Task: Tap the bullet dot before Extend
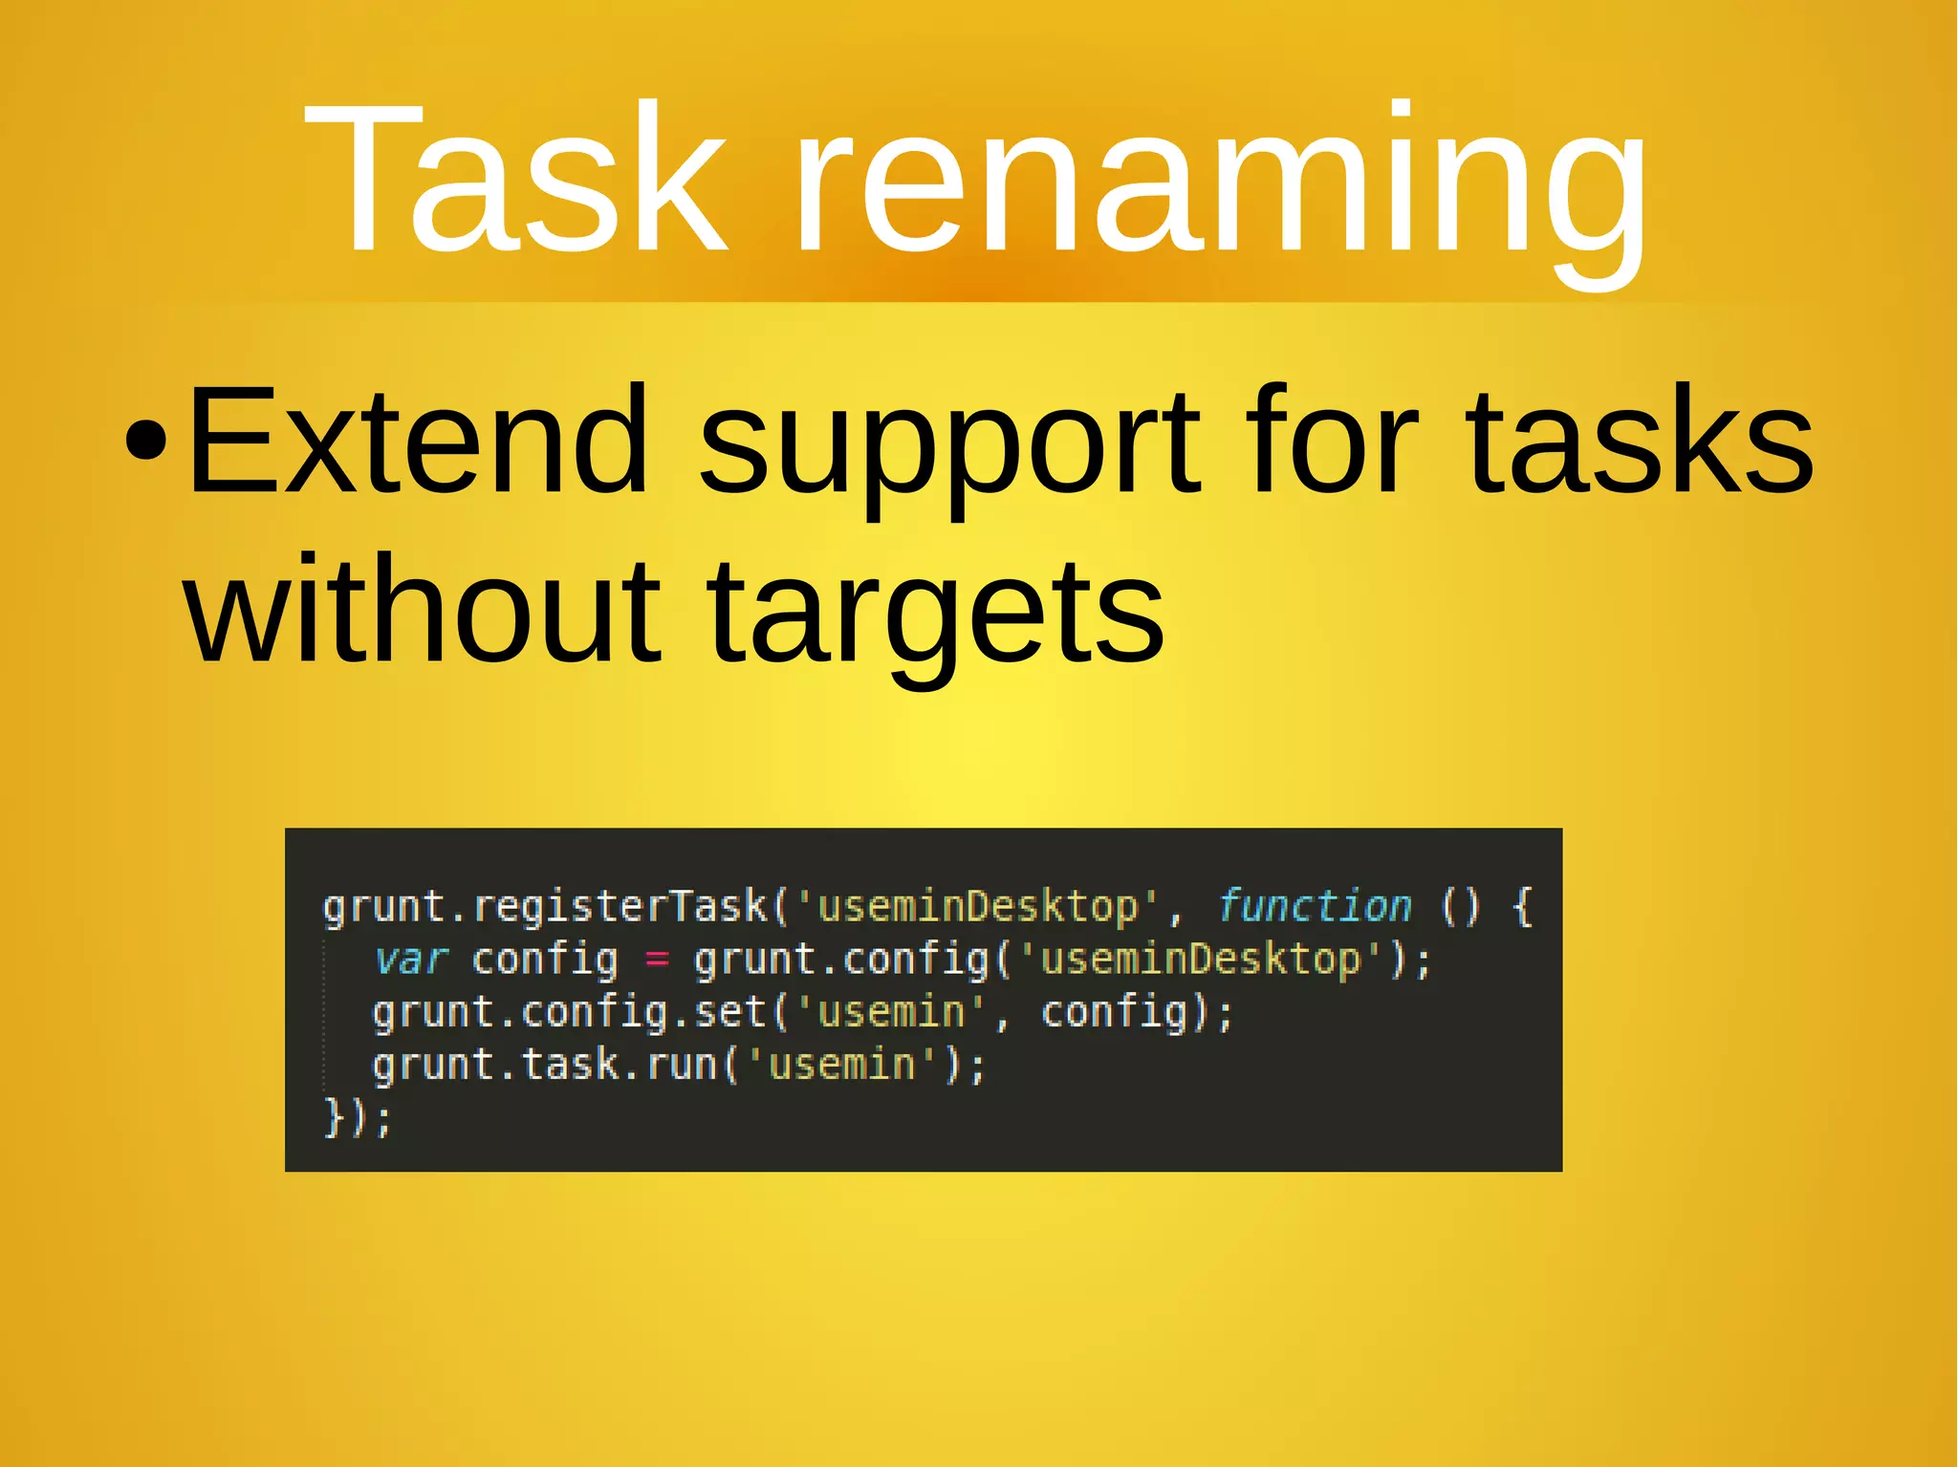click(x=147, y=442)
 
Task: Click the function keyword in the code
click(x=1315, y=905)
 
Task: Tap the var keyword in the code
click(x=411, y=959)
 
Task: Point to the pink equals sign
click(x=656, y=959)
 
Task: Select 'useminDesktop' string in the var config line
click(x=1201, y=959)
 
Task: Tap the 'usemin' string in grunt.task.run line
click(x=841, y=1065)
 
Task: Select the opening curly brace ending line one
click(x=1523, y=905)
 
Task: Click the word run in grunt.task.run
click(x=682, y=1065)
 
